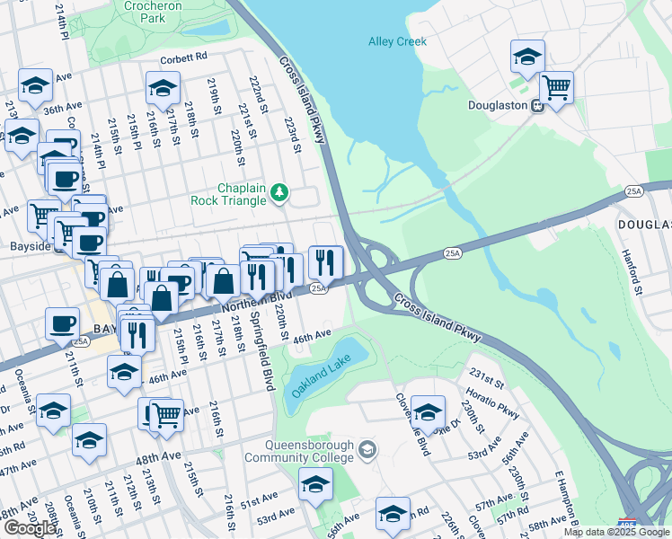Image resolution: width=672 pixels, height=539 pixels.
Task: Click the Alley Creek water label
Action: [x=397, y=41]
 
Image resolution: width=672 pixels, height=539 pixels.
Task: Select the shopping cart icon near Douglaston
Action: [x=557, y=88]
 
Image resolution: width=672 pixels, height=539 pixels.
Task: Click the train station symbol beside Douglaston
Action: [x=537, y=105]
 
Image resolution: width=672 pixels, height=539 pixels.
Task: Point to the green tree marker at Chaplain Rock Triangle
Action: [x=279, y=191]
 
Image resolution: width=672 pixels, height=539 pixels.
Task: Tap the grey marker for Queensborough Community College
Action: [x=367, y=448]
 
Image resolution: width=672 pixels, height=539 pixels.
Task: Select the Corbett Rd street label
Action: [x=183, y=56]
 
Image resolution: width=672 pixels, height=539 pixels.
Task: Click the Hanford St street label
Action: [x=632, y=273]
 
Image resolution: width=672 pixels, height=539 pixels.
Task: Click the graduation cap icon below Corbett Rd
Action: [x=163, y=87]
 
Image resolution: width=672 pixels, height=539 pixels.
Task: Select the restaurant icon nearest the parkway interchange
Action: [x=325, y=261]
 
